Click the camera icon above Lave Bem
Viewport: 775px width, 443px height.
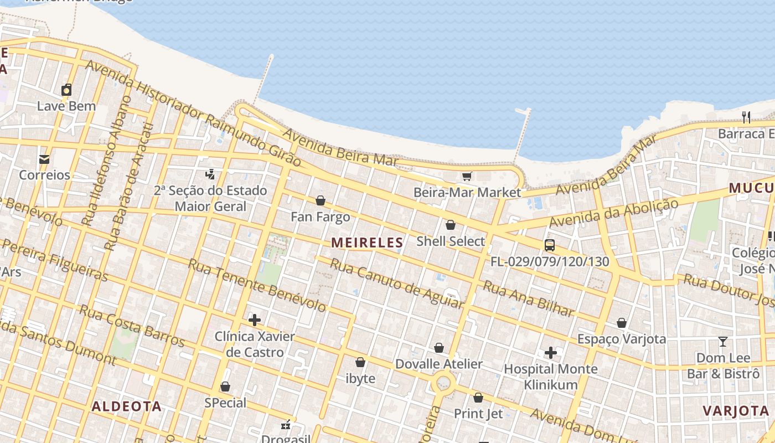(x=66, y=90)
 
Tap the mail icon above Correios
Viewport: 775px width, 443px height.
(x=44, y=159)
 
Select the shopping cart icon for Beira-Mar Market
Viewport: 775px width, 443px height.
(x=467, y=176)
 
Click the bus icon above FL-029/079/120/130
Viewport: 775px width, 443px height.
(x=549, y=245)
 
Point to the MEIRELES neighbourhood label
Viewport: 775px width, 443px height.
(x=367, y=243)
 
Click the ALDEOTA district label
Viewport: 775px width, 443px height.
(x=126, y=406)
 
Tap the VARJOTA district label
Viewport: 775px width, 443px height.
(x=736, y=411)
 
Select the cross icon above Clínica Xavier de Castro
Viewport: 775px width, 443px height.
(x=254, y=320)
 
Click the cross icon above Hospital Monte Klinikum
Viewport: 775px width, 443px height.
(x=550, y=353)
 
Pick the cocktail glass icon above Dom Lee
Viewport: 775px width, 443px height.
(x=722, y=342)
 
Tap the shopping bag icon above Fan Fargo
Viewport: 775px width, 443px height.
(x=320, y=200)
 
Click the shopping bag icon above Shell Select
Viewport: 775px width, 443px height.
(x=450, y=225)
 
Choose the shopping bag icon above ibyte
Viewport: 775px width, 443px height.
(x=360, y=363)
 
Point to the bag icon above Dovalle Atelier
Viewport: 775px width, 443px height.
(x=438, y=348)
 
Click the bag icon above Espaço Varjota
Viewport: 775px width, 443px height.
(x=621, y=323)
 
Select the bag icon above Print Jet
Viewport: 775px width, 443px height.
(x=478, y=398)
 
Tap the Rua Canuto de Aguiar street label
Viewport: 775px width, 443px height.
(x=396, y=283)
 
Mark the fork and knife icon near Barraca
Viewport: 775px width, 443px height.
(x=746, y=117)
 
